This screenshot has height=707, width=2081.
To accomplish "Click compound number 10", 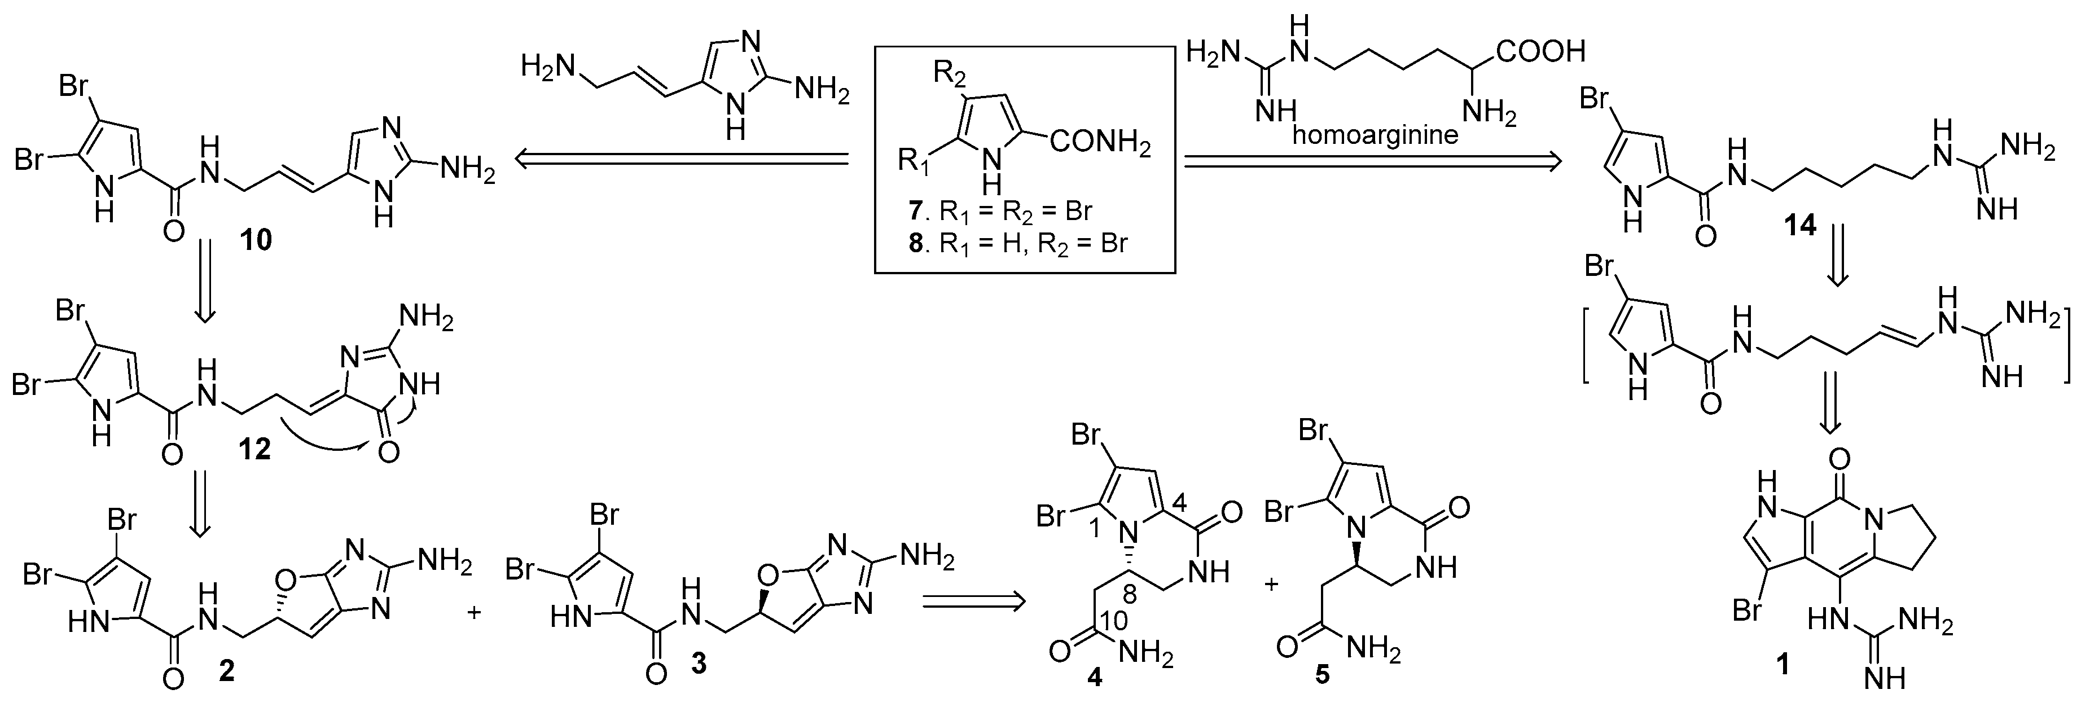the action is point(254,240).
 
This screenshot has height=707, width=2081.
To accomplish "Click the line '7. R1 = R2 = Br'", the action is point(1000,212).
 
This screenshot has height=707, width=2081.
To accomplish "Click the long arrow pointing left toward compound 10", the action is point(683,161).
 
